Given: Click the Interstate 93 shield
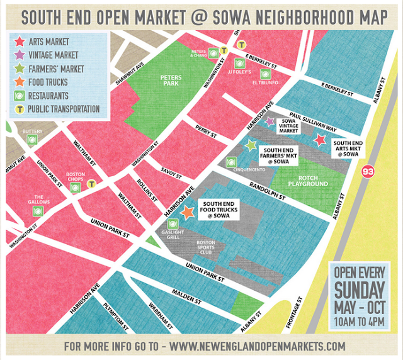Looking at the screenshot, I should (367, 171).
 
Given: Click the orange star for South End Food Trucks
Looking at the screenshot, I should (187, 212).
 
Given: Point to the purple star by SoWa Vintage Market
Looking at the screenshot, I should (270, 121).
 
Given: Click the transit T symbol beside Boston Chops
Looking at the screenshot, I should (93, 184).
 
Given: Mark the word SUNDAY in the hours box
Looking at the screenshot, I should (358, 291).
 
